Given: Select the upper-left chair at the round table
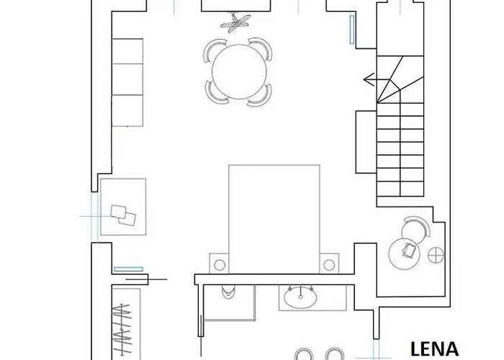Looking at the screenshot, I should click(214, 51).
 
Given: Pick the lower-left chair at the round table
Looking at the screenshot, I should click(214, 91).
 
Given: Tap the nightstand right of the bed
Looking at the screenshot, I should click(330, 263).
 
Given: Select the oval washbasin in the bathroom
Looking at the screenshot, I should click(300, 296).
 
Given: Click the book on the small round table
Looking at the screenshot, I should click(408, 251).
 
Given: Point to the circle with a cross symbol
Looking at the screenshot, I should click(435, 254).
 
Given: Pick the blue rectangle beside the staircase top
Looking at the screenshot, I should click(351, 30).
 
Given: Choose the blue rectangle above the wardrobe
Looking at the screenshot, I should click(123, 269).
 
